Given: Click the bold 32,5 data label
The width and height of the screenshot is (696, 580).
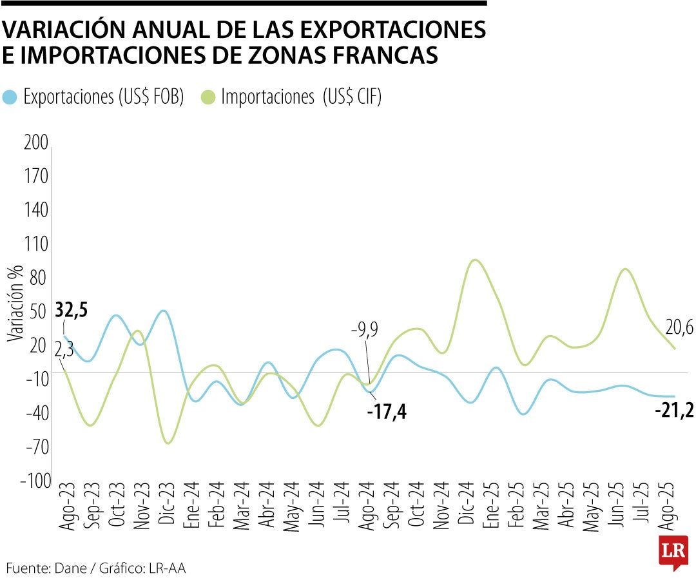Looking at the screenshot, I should point(72,309).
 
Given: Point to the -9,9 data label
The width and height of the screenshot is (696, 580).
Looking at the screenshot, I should point(364,331).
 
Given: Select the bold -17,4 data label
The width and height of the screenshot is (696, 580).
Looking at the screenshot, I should point(386,411).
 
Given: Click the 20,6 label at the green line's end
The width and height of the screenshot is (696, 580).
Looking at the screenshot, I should point(679,329).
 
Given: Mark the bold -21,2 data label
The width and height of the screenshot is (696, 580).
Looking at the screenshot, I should point(674,410).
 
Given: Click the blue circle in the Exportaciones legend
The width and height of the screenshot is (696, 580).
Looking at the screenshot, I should point(10,98).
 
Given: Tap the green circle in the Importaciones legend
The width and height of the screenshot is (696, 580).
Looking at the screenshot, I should point(209,98).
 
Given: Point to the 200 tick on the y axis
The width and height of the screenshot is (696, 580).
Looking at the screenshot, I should point(35,143).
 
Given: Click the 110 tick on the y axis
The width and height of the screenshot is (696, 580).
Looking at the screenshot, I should point(35,244).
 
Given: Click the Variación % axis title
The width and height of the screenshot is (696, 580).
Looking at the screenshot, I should point(15,303).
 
